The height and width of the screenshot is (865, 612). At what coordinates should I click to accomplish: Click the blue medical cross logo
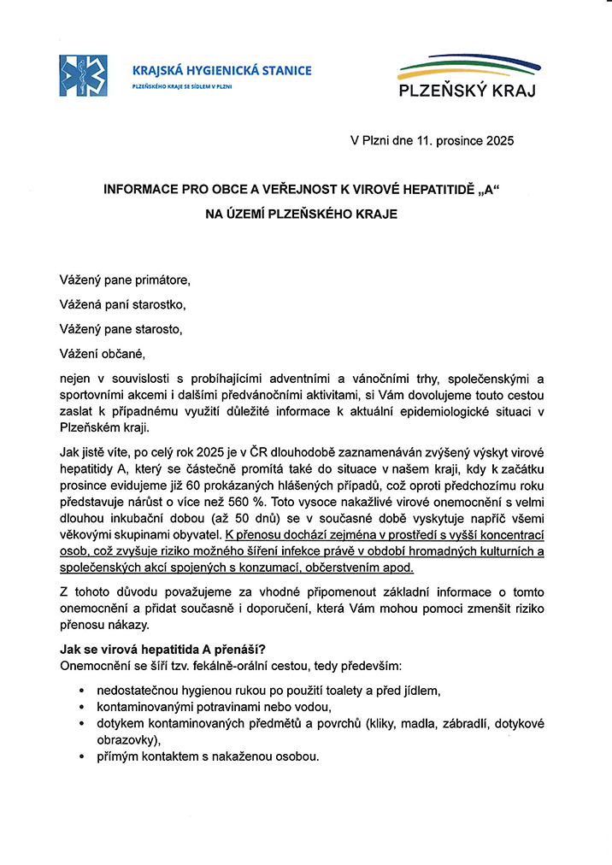pos(83,75)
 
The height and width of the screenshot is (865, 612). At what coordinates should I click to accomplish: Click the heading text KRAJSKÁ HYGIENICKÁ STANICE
pos(222,71)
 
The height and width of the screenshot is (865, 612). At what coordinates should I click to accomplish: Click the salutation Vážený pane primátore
pos(125,280)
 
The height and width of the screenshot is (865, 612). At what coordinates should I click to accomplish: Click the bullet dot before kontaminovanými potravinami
pos(80,707)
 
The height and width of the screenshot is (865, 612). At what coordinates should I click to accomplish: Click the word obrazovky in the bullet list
pos(127,739)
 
